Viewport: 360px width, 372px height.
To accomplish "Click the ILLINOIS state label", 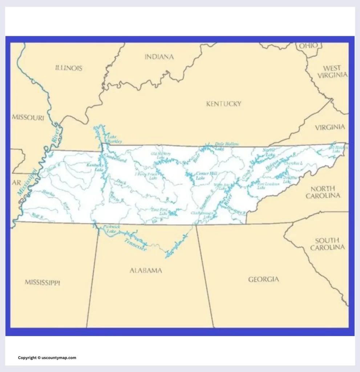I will click(69, 68).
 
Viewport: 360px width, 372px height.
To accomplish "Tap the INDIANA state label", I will click(159, 57).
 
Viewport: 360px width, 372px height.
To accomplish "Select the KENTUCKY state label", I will click(223, 104).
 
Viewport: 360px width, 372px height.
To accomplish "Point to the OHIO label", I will click(308, 45).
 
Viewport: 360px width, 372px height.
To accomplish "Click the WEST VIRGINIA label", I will click(332, 72).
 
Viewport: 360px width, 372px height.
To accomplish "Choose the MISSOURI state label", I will click(28, 117).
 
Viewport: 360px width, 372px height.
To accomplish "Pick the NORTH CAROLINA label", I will click(323, 192).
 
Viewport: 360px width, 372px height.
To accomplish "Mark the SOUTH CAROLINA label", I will click(329, 244).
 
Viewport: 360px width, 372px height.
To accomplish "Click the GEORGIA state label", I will click(264, 279).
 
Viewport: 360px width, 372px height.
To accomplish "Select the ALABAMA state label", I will click(146, 271).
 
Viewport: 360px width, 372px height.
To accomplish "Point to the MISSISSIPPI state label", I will click(43, 282).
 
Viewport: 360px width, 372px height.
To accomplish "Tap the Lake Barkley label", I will click(114, 139).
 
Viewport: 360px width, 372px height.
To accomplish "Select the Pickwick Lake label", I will click(109, 229).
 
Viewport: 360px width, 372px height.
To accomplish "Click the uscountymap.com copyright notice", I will click(47, 358).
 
